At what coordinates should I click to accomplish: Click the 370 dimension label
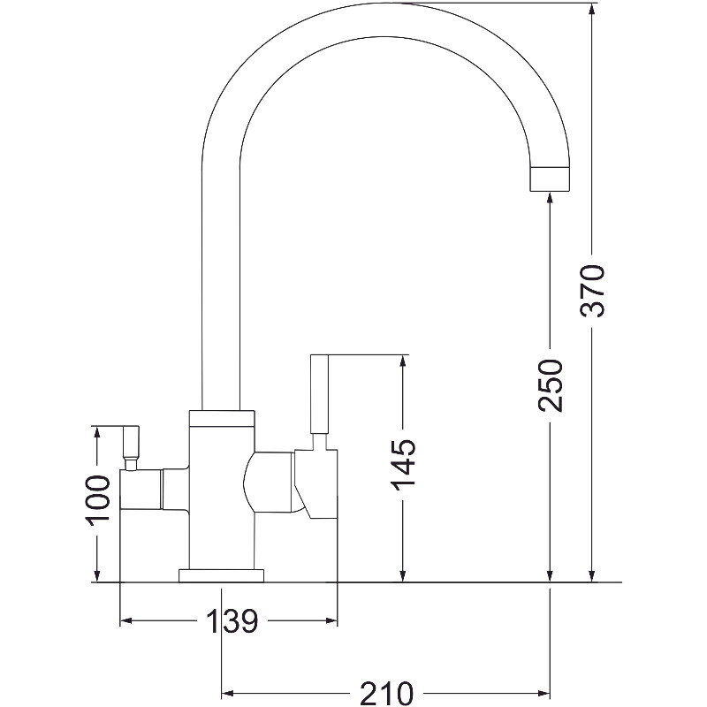592,292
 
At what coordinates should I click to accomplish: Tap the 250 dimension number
550,385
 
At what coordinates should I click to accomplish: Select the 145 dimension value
403,465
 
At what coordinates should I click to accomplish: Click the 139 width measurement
232,621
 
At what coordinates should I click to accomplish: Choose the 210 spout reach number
386,693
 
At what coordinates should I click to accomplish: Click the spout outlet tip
550,179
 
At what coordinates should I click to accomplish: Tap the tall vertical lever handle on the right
320,394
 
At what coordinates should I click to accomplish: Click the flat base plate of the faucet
222,576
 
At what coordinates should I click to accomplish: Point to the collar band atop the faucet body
222,418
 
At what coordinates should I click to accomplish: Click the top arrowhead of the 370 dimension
592,9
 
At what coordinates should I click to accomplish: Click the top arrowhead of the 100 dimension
96,432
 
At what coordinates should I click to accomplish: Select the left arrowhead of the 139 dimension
125,621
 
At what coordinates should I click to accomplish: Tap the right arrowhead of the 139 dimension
331,621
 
